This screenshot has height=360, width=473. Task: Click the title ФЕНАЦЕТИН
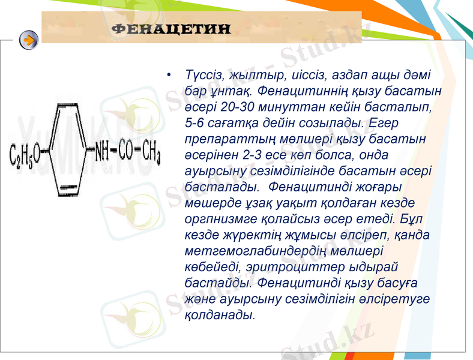[x=172, y=29]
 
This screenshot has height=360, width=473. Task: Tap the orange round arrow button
[x=28, y=40]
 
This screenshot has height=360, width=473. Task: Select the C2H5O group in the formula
[x=25, y=155]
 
